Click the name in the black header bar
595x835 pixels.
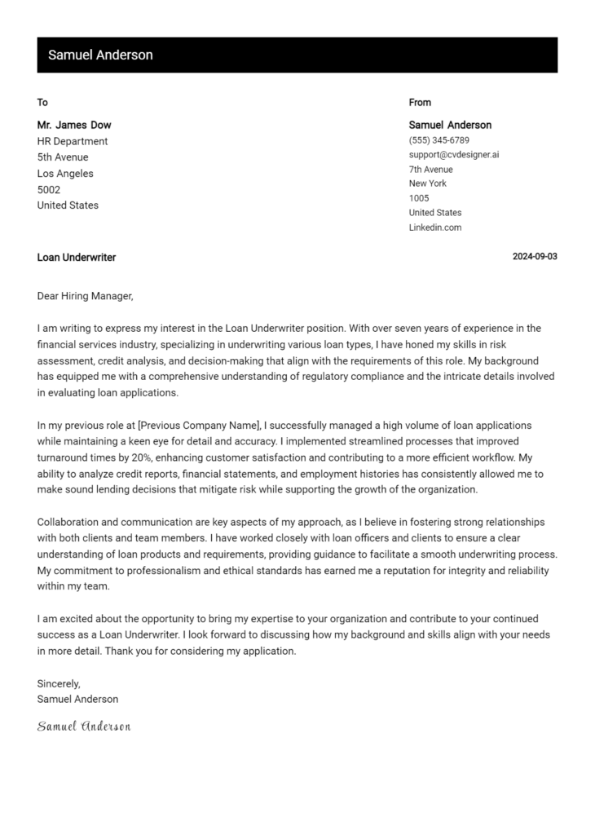(100, 55)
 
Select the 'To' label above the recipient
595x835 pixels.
(42, 103)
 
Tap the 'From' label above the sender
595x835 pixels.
(420, 103)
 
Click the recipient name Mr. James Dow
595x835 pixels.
(74, 126)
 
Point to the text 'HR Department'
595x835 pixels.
(73, 141)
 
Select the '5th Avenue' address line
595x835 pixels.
(63, 157)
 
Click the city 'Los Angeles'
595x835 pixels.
(65, 174)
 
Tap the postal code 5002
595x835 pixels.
(49, 190)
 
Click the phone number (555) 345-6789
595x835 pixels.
(439, 140)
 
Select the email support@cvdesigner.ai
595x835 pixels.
(453, 155)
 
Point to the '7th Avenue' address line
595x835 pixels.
(430, 170)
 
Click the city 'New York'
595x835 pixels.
(428, 183)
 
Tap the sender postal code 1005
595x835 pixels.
(419, 198)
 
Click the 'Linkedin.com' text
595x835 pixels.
(435, 228)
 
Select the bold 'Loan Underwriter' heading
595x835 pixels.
(77, 258)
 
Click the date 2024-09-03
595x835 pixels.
(535, 257)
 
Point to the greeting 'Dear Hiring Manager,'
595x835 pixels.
(85, 296)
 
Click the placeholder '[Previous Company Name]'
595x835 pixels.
(199, 426)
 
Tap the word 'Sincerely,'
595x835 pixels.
(59, 683)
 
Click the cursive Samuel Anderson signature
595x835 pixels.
(84, 726)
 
